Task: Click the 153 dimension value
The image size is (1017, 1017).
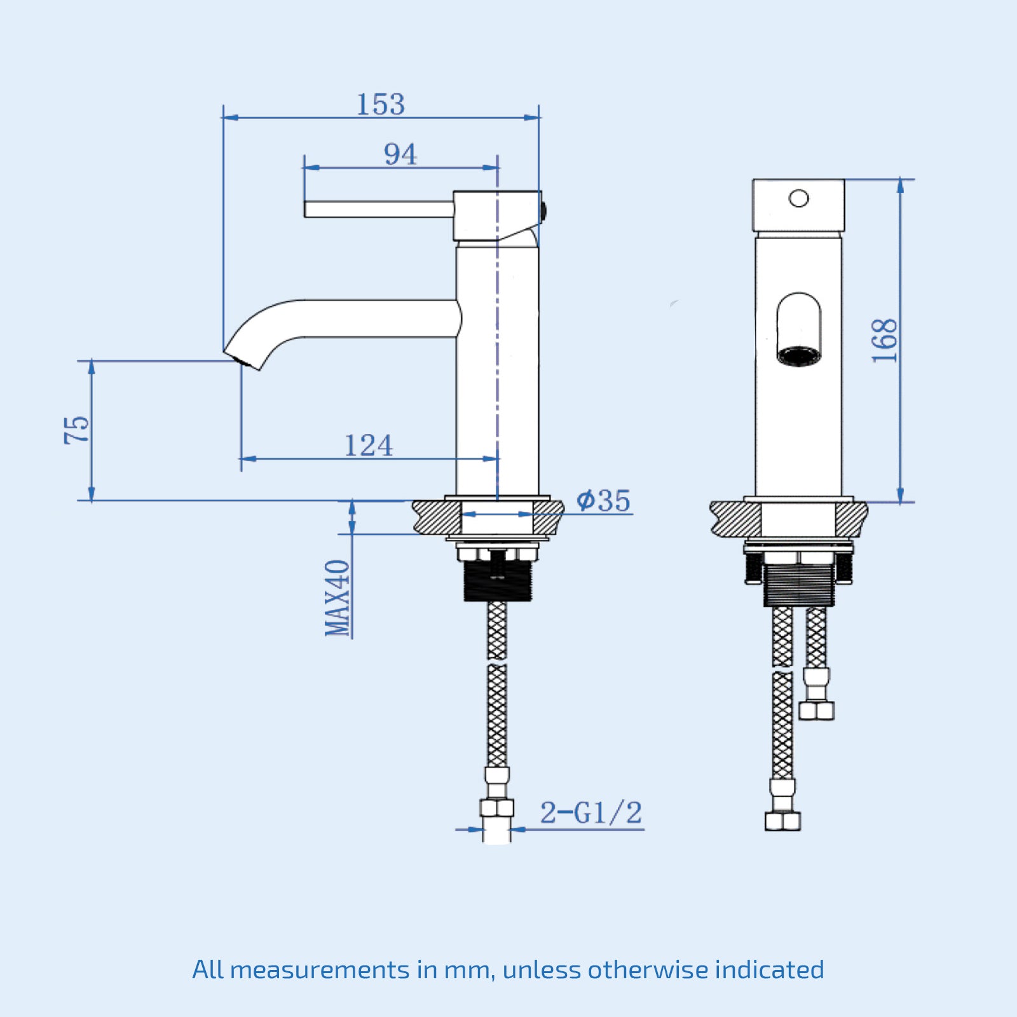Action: (380, 104)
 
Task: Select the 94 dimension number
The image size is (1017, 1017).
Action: (400, 154)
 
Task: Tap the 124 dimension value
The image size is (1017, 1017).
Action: (368, 446)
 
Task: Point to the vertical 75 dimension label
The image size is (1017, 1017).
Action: (77, 430)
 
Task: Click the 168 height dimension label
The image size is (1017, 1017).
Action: (884, 341)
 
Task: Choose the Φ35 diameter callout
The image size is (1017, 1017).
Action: (603, 500)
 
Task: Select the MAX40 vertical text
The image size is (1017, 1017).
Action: (338, 597)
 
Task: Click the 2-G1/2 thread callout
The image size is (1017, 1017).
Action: (590, 813)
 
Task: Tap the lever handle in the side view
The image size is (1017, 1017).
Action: (379, 209)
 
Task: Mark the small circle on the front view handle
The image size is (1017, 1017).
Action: (798, 199)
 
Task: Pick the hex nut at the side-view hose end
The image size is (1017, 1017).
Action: (496, 808)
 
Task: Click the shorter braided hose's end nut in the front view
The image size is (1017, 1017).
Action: (816, 710)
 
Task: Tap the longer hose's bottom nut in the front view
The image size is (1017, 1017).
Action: (782, 821)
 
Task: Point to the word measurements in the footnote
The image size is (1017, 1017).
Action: (320, 970)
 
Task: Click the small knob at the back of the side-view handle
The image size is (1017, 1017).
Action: (544, 209)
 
